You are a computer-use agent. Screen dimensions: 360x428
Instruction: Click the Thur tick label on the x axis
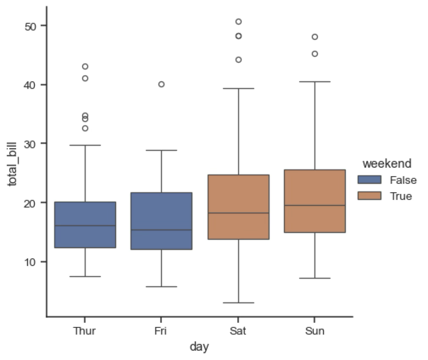85,331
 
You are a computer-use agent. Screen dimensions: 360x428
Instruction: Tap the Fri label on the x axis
161,331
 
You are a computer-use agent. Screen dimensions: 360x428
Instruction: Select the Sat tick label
238,331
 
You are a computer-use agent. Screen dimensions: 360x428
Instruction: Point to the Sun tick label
315,331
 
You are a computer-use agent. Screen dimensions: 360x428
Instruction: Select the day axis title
199,347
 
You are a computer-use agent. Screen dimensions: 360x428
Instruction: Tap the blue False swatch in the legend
370,180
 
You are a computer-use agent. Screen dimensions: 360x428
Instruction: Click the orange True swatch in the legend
370,196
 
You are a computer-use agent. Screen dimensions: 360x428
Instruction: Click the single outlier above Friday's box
161,84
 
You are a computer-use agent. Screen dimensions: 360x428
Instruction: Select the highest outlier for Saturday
238,22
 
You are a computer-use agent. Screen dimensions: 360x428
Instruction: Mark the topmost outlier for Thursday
85,66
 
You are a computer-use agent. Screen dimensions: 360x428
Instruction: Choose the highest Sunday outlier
315,37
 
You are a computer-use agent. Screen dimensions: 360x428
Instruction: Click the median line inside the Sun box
315,205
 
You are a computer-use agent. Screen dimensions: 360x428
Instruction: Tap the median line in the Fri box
161,230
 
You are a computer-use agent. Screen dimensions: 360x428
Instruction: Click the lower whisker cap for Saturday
238,303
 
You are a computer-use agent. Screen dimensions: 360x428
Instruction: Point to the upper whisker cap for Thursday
85,145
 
